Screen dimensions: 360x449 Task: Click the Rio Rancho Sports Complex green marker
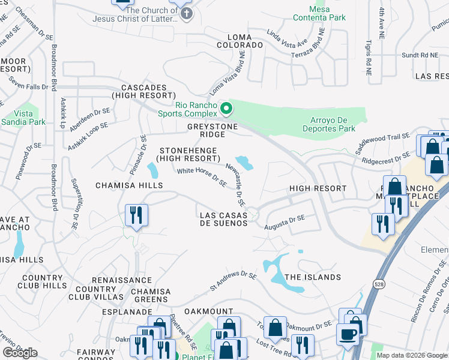[x=226, y=109]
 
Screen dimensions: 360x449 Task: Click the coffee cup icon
[x=348, y=334]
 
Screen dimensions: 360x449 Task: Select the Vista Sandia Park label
[x=30, y=118]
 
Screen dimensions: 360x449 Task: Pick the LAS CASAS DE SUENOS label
[x=223, y=219]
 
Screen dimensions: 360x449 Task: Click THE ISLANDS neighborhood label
[x=312, y=277]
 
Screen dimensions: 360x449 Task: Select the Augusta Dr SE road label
[x=285, y=222]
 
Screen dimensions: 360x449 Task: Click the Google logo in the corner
[x=20, y=353]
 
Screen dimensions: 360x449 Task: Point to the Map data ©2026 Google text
[x=412, y=355]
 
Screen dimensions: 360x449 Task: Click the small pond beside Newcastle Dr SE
[x=244, y=162]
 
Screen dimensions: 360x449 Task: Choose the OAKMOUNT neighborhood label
[x=208, y=311]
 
